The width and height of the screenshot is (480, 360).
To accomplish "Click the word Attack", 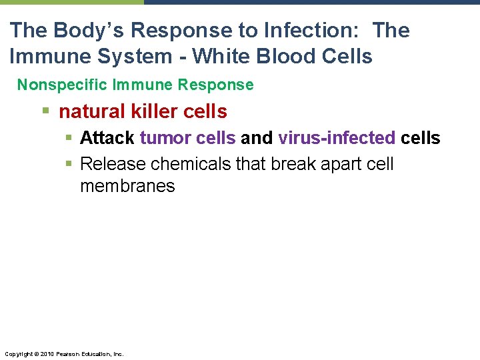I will (x=107, y=138).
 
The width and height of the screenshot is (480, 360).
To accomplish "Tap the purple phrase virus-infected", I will (x=337, y=138).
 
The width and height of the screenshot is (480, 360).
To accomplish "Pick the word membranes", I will (x=127, y=186).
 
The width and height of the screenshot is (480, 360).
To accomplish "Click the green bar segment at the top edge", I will (x=71, y=2).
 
